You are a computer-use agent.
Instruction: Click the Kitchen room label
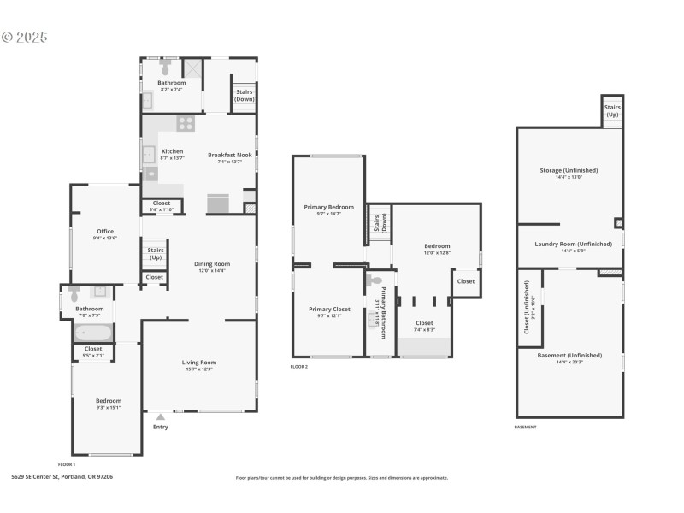coord(173,151)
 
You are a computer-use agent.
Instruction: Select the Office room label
coord(105,231)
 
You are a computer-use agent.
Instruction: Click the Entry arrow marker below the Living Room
coord(160,417)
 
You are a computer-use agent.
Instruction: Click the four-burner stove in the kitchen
coord(186,123)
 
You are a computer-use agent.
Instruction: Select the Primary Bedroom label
coord(329,207)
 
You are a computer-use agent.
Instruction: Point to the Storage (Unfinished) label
coord(569,170)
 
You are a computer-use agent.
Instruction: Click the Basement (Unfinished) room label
coord(569,355)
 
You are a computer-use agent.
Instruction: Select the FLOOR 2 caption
coord(299,366)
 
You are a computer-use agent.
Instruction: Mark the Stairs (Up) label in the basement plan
coord(612,111)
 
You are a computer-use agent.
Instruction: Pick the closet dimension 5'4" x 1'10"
coord(162,209)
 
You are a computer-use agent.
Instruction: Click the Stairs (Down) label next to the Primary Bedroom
coord(378,223)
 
